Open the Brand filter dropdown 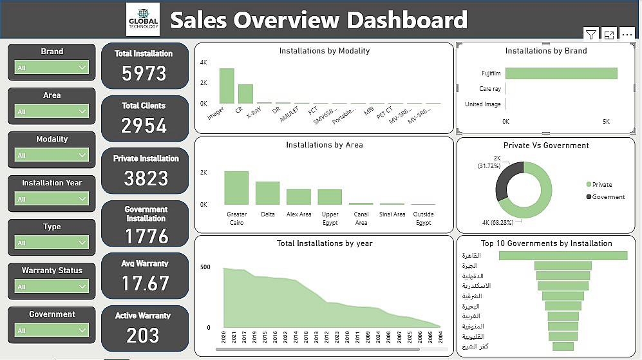52,67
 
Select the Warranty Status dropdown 52,287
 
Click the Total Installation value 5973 144,74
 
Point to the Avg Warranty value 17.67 145,283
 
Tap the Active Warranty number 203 142,336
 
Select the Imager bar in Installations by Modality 227,86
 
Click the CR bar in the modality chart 245,93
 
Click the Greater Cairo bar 236,187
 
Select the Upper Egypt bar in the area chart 330,196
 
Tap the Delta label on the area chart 268,214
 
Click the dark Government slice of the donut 507,180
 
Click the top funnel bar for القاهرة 563,256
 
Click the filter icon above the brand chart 590,34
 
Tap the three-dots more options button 627,34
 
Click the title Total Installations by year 325,243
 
